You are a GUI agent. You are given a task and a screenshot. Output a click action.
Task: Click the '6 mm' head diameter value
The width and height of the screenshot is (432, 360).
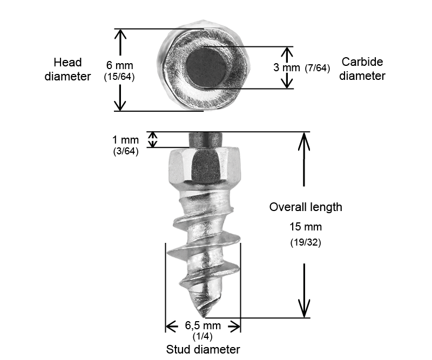click(119, 65)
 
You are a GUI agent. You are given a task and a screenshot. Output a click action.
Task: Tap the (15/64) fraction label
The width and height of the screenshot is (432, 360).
click(119, 77)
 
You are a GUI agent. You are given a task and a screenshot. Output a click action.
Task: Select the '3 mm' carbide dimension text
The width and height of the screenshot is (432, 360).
click(287, 67)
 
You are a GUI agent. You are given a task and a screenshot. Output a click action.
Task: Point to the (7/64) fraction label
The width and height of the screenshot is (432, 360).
click(318, 68)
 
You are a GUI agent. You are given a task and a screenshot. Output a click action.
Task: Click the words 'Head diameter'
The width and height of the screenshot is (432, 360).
click(67, 70)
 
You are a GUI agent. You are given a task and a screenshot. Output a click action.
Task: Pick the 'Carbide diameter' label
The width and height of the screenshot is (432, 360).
click(362, 69)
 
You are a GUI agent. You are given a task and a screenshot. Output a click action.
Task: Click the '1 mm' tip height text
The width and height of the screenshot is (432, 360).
click(125, 140)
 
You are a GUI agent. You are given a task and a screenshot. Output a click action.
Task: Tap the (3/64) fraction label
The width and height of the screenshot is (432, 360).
click(126, 151)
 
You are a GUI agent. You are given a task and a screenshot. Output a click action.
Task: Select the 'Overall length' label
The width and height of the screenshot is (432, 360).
click(306, 207)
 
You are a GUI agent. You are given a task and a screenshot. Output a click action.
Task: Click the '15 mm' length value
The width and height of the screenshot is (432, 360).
click(306, 227)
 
